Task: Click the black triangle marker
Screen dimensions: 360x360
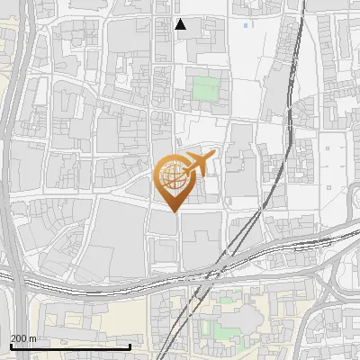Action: [181, 24]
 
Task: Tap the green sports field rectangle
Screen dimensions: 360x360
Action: [206, 89]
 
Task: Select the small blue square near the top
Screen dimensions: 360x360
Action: [246, 25]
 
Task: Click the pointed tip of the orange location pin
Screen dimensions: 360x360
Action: [175, 211]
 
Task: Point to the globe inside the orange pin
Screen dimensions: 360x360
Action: [174, 176]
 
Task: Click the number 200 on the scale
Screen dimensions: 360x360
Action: [18, 338]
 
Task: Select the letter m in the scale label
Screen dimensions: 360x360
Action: [32, 338]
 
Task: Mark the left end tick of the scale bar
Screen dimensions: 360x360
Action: [10, 346]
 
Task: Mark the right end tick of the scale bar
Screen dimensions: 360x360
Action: [130, 346]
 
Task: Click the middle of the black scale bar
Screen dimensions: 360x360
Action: [70, 347]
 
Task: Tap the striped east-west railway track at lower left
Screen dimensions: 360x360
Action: [72, 285]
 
